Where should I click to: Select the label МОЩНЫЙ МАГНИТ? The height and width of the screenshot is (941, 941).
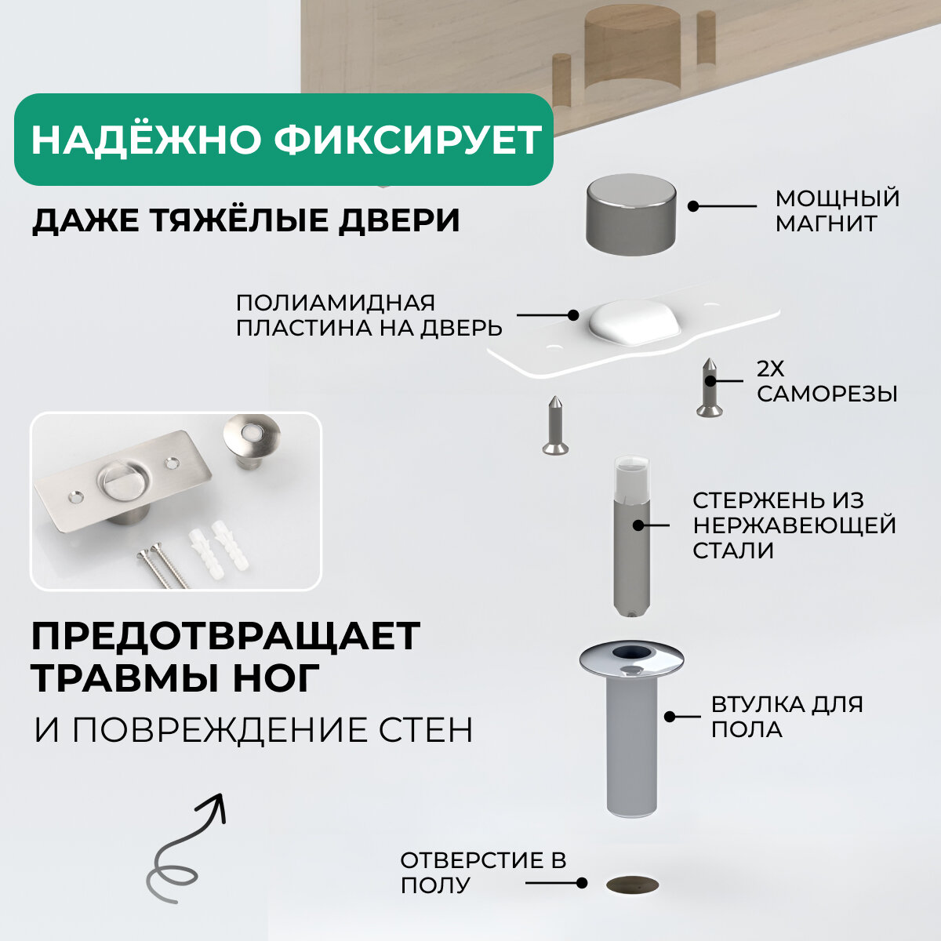(837, 210)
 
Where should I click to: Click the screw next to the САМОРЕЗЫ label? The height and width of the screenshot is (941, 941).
(709, 387)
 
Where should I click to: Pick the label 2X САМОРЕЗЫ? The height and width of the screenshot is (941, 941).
(827, 381)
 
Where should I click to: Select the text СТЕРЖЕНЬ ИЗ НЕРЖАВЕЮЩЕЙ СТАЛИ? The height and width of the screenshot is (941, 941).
(794, 525)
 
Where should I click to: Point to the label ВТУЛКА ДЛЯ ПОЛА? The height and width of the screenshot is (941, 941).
(787, 716)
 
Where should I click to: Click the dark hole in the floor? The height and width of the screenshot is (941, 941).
(633, 885)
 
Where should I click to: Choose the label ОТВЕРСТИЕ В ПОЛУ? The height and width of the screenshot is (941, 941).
(482, 872)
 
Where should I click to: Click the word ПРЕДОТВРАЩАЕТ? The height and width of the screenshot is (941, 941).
(226, 636)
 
